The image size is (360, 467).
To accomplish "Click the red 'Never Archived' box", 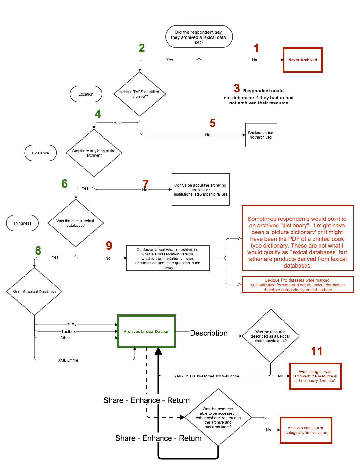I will [x=303, y=60].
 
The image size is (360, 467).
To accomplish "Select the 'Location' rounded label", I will [x=86, y=94].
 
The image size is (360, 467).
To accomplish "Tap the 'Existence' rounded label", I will [x=40, y=153].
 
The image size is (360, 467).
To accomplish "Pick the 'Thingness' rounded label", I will [x=22, y=223].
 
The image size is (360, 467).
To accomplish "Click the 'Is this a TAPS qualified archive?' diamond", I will [x=140, y=94].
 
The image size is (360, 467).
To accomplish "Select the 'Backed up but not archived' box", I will [x=261, y=135].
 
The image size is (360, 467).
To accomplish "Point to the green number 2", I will [x=142, y=48].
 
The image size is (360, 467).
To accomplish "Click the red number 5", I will [x=212, y=123].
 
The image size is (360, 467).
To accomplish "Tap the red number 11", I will [x=317, y=351].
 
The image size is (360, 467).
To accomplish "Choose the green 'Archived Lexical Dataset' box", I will [x=147, y=332].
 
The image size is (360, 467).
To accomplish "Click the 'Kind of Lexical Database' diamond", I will [x=34, y=291].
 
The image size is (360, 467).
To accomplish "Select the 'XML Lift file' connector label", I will [x=68, y=360].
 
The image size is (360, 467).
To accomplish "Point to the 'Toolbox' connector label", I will [x=68, y=331].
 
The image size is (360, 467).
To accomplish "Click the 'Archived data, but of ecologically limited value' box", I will [x=306, y=430].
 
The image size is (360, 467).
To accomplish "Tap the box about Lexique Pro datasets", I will [x=298, y=284].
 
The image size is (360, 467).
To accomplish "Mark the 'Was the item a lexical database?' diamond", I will [x=76, y=223].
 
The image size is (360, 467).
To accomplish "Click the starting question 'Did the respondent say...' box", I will [x=199, y=37].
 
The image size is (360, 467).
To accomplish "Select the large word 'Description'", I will [x=209, y=333].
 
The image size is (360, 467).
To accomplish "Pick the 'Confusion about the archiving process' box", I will [x=200, y=190].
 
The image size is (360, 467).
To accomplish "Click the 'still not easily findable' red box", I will [x=315, y=376].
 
